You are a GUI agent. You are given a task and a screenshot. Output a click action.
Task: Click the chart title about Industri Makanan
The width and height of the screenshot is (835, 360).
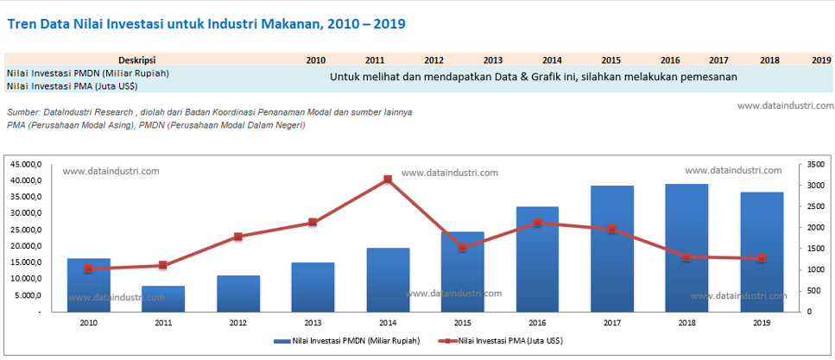[206, 23]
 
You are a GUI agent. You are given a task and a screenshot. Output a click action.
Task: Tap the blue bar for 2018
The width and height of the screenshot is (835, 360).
[686, 250]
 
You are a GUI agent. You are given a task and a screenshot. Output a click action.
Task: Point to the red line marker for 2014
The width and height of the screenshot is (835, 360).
[388, 180]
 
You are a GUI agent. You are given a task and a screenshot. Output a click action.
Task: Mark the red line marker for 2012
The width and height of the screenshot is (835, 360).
[238, 237]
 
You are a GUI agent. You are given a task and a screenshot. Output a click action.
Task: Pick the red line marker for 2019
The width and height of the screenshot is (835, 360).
[762, 258]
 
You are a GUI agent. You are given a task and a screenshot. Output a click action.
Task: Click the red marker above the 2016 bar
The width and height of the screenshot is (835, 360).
[537, 222]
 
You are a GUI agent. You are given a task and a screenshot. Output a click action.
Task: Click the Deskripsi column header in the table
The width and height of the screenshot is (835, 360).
[136, 60]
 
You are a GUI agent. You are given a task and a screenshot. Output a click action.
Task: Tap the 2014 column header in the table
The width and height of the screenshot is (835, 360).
[553, 60]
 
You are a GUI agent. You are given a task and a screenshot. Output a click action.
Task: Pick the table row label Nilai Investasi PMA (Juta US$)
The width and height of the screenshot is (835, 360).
[73, 86]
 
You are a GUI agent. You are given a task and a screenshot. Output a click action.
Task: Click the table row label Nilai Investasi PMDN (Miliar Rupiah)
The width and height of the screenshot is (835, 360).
[87, 73]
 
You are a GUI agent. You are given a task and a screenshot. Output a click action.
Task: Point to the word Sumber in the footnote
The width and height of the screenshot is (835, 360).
[22, 112]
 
